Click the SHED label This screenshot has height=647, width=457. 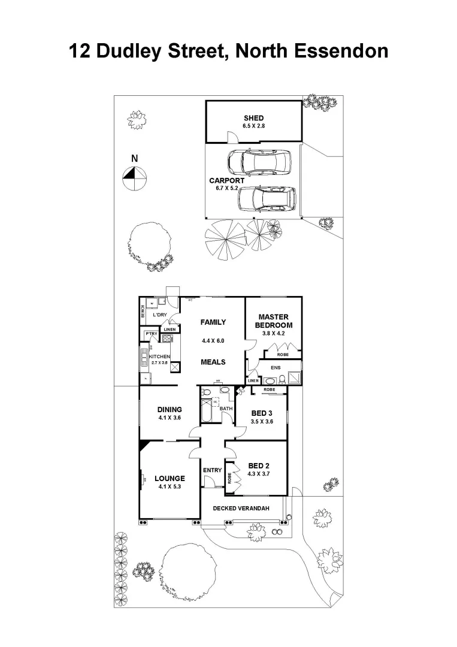click(253, 118)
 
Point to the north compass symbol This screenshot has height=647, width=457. click(135, 175)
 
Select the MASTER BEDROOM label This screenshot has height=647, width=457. click(273, 321)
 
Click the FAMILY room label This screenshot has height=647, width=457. click(213, 322)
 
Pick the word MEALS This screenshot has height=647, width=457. click(213, 362)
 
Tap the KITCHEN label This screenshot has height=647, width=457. click(159, 356)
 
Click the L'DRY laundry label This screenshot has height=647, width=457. click(159, 315)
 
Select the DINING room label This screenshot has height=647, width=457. click(170, 410)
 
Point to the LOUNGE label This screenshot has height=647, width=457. click(170, 478)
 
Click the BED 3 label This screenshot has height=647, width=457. click(261, 413)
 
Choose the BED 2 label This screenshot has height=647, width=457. click(259, 465)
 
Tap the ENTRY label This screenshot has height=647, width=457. click(212, 470)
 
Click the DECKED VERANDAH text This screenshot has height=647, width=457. click(241, 509)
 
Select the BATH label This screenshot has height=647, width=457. click(226, 409)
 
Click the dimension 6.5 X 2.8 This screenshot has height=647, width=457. click(253, 126)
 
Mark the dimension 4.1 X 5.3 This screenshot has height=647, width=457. click(170, 486)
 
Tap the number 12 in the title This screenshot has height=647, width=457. click(81, 50)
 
